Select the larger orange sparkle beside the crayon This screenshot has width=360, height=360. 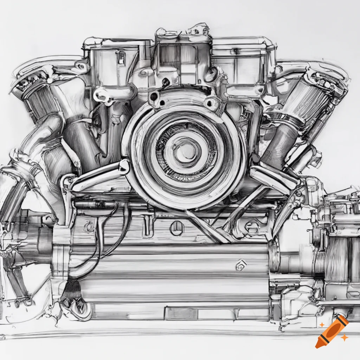[345, 337]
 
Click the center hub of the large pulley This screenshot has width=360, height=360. [185, 150]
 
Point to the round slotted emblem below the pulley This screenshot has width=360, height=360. [177, 228]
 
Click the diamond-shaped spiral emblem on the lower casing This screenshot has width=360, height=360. [241, 265]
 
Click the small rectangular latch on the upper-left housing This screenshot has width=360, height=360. [121, 57]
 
